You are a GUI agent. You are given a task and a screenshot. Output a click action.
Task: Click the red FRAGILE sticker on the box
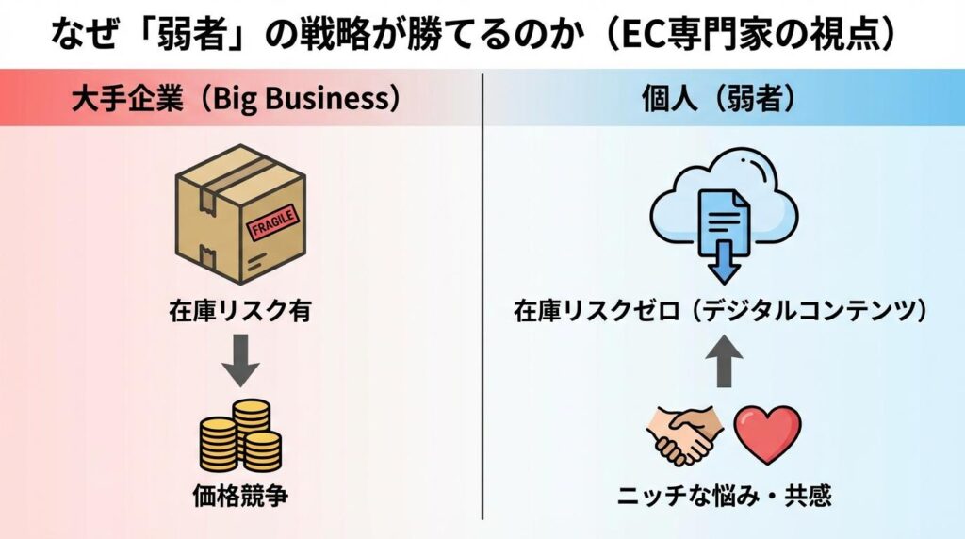(x=272, y=221)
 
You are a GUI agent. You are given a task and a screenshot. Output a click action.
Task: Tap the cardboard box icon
(x=241, y=214)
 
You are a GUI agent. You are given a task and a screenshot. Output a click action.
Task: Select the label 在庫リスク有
(x=241, y=310)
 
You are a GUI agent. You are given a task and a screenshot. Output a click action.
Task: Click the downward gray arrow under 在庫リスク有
(x=241, y=361)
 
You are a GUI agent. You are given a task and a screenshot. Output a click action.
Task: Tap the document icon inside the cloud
(x=724, y=216)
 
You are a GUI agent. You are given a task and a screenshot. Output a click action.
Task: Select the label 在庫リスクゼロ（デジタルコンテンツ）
(x=723, y=310)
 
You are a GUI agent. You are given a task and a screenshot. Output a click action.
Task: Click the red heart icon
(x=767, y=433)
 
